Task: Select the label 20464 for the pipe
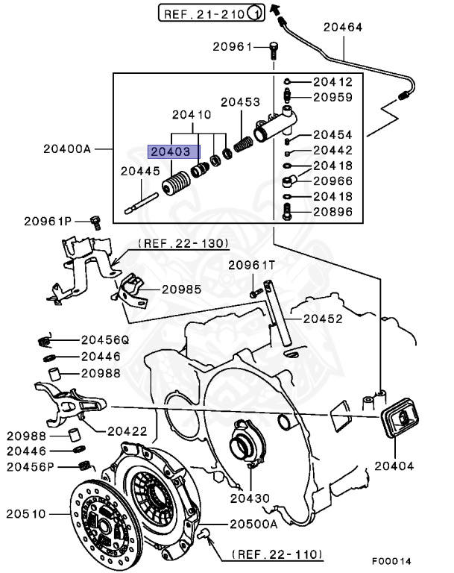[342, 28]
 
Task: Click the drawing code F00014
[391, 561]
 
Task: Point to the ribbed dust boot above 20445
[177, 185]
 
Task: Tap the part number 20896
[332, 212]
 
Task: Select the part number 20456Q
[104, 339]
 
